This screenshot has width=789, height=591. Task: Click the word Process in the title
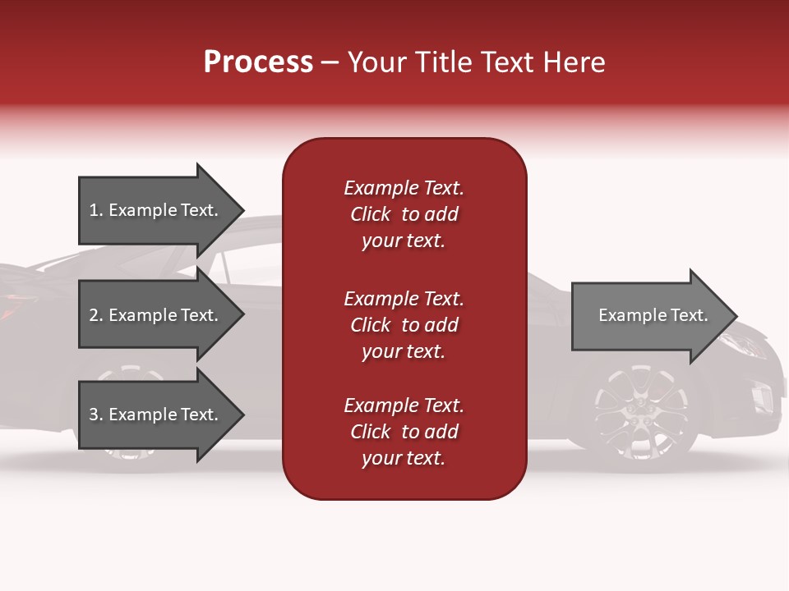tap(258, 62)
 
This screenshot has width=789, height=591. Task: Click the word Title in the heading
tap(443, 62)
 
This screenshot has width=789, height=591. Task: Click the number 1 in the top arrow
tap(94, 210)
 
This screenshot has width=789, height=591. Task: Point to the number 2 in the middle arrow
tap(94, 315)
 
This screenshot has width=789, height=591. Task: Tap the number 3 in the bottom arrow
tap(94, 415)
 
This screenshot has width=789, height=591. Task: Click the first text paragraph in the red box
tap(404, 214)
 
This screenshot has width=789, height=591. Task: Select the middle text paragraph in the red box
tap(404, 325)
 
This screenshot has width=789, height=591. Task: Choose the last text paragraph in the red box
tap(404, 432)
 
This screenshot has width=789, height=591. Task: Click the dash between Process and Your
tap(330, 63)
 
